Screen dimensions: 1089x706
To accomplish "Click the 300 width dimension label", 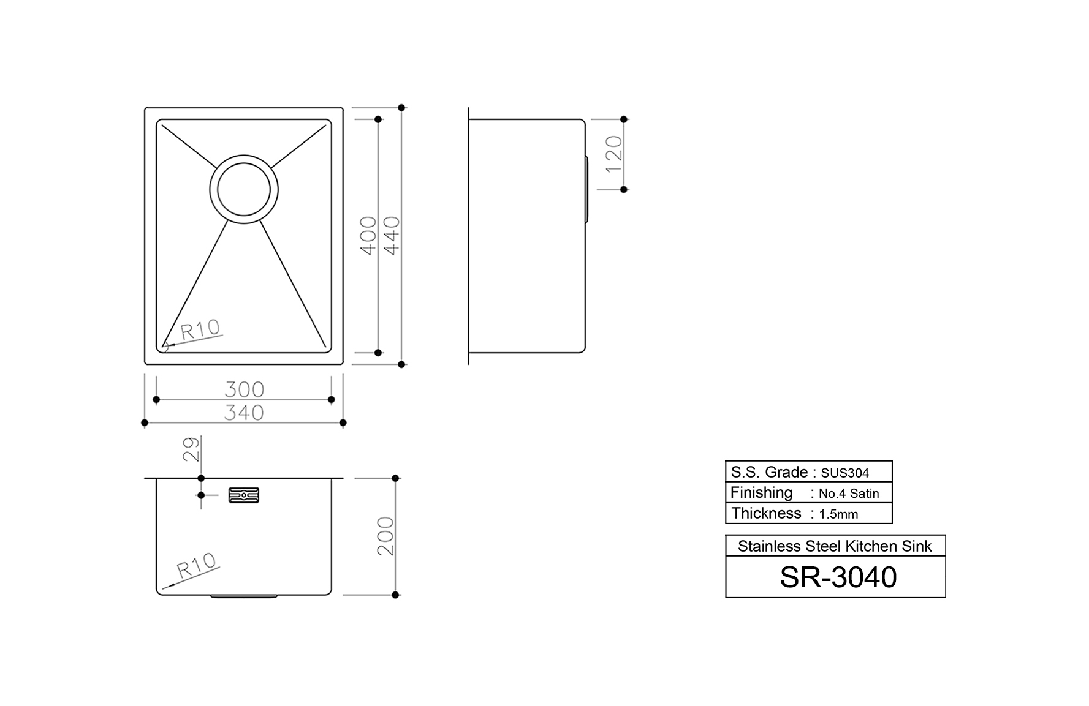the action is tap(244, 389).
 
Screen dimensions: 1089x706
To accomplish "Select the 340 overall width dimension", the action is tap(244, 413).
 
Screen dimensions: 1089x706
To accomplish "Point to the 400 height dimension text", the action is tap(368, 235).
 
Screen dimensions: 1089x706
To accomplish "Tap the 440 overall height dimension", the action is tap(392, 235).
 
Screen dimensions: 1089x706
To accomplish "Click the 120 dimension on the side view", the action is tap(613, 154).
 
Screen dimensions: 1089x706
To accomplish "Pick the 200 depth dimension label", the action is tap(385, 536).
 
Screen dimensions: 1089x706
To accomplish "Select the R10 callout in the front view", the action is tap(197, 566).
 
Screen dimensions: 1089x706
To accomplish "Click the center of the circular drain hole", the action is tap(244, 189).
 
